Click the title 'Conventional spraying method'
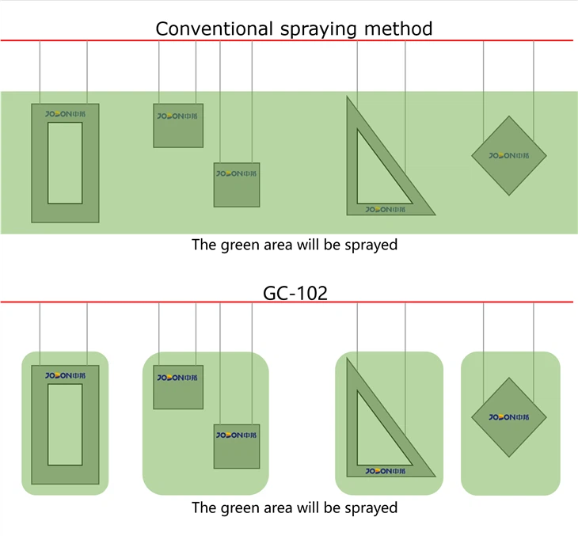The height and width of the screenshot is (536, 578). tap(294, 29)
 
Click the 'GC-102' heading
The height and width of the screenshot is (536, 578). tap(295, 293)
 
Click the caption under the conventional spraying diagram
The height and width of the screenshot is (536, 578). tap(295, 245)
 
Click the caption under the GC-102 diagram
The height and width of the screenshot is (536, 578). tap(295, 507)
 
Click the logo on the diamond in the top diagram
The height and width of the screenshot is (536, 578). tap(508, 155)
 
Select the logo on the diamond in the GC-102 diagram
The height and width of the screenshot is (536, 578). tap(508, 416)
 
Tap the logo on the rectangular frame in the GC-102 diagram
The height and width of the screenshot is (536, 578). tap(65, 376)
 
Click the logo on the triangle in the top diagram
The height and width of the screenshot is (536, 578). tap(386, 210)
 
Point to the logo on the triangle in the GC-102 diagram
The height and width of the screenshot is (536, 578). tap(386, 471)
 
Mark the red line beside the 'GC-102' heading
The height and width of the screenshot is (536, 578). tap(119, 302)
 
